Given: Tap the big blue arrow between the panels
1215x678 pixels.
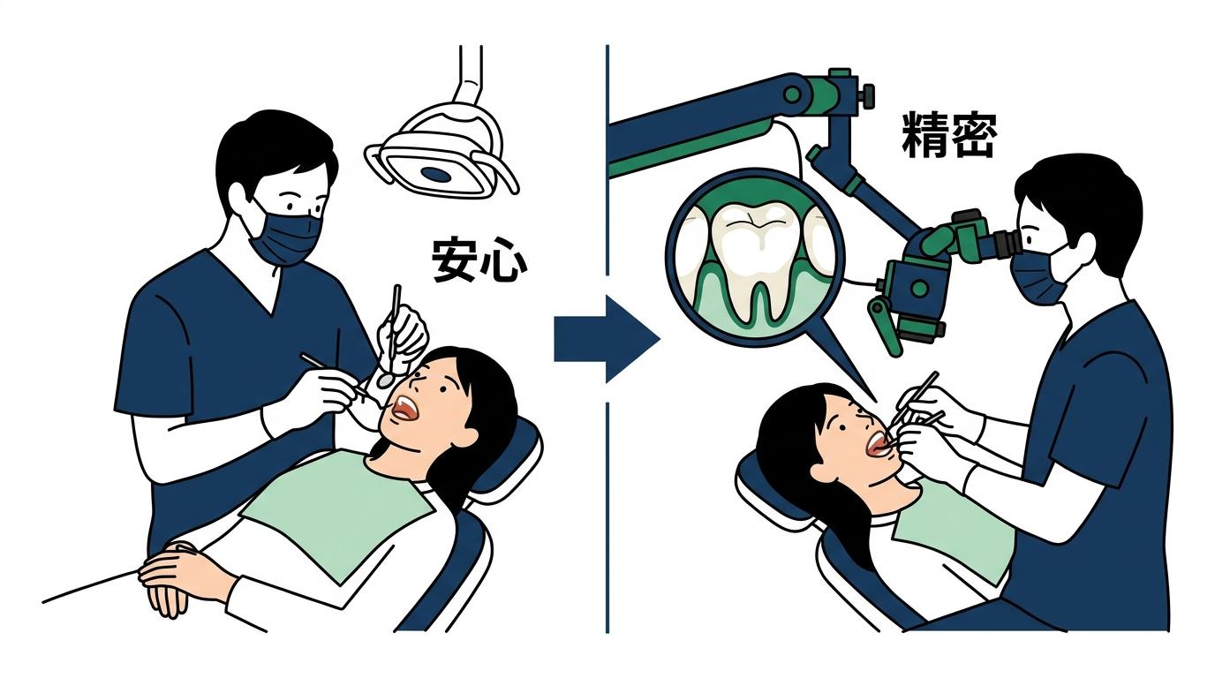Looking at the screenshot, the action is pos(607,340).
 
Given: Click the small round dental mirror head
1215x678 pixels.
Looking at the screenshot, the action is pos(384,379).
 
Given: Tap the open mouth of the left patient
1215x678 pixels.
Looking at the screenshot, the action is pos(405,408).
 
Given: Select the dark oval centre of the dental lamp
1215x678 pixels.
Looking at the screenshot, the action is pos(436,174).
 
